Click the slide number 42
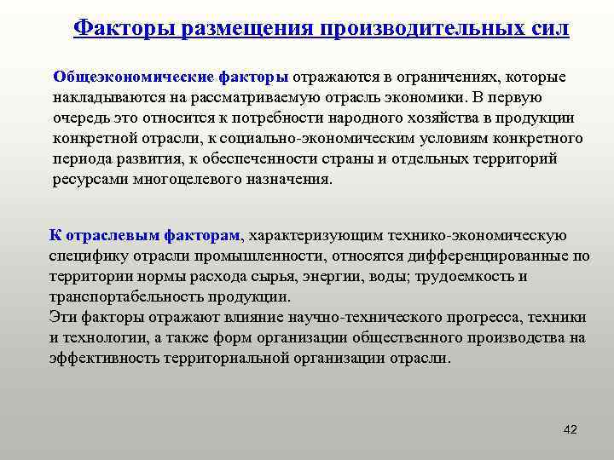(571, 430)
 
